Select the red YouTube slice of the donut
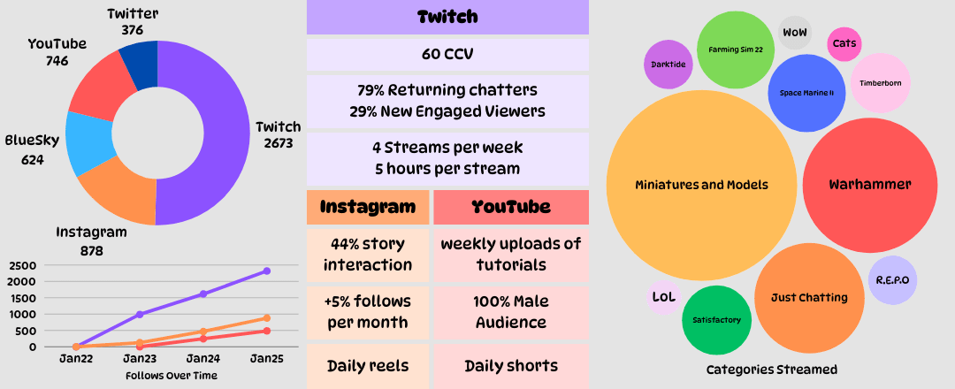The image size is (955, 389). [101, 83]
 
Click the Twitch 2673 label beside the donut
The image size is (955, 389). [279, 135]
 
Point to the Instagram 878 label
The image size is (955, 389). [91, 241]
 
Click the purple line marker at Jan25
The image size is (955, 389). [267, 271]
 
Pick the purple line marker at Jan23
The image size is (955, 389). [140, 314]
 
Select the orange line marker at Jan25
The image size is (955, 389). [267, 318]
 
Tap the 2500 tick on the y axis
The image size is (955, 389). [23, 265]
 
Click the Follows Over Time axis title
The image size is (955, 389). [172, 376]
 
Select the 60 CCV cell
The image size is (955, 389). [447, 55]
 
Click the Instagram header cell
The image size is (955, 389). [368, 207]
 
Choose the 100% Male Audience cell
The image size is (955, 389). [511, 312]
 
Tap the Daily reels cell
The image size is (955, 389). [368, 366]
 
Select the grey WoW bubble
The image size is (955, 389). [795, 32]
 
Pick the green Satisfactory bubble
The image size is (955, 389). [717, 320]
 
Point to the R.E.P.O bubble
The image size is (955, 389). [892, 280]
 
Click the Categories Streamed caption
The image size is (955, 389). [772, 370]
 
